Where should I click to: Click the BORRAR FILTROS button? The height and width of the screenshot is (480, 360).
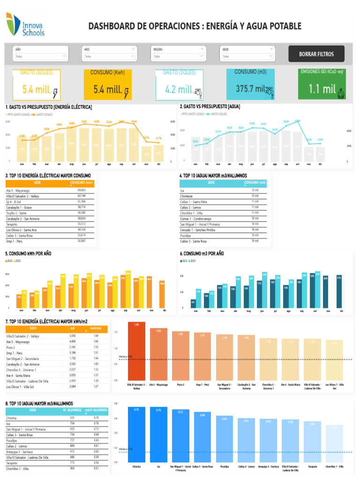click(x=316, y=54)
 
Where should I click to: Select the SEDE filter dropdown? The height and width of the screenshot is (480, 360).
click(x=248, y=56)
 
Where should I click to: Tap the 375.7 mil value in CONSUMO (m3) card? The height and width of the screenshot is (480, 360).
click(x=250, y=89)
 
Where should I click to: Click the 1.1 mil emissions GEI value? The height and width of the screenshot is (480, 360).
click(x=322, y=89)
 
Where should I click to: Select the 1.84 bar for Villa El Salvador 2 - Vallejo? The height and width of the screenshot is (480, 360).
click(x=136, y=352)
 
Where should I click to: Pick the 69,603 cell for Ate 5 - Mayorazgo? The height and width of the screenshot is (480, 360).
click(x=82, y=190)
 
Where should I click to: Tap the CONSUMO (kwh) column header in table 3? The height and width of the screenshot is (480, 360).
click(x=82, y=183)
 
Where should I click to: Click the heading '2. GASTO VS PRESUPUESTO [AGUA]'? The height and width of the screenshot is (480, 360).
click(x=210, y=107)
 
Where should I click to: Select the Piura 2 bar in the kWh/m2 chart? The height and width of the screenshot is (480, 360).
click(x=180, y=356)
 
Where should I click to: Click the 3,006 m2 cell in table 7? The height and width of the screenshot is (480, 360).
click(x=73, y=336)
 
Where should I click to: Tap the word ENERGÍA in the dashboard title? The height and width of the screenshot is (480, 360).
click(x=225, y=26)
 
